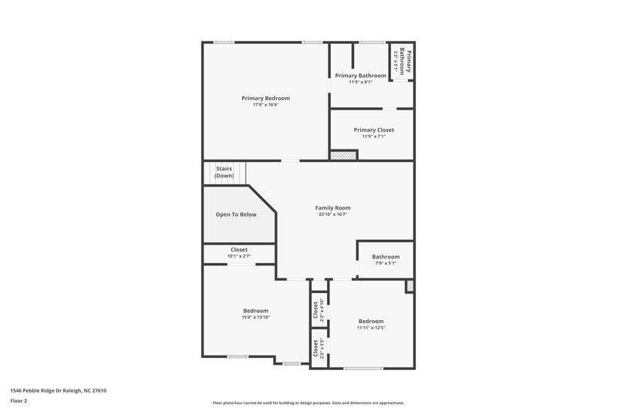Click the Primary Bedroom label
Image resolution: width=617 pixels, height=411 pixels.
pyautogui.click(x=265, y=98)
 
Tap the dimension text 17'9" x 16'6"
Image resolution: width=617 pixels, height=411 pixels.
pyautogui.click(x=265, y=105)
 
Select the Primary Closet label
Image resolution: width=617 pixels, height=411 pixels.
pyautogui.click(x=374, y=130)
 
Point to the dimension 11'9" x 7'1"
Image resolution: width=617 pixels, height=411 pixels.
pyautogui.click(x=374, y=136)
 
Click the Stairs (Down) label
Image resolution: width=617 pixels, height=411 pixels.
pyautogui.click(x=224, y=172)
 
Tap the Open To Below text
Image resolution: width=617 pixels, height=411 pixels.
pyautogui.click(x=236, y=214)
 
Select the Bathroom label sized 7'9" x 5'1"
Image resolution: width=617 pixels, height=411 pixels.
pyautogui.click(x=386, y=256)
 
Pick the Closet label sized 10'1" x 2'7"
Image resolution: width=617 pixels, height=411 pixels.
pyautogui.click(x=239, y=250)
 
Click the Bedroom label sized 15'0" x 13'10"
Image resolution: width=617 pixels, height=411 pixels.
pyautogui.click(x=256, y=310)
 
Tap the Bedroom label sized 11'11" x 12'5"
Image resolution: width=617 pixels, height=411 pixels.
pyautogui.click(x=370, y=321)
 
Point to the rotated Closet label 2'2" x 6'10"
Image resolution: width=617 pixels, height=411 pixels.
pyautogui.click(x=316, y=309)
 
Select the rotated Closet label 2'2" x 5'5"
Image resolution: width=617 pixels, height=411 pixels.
pyautogui.click(x=316, y=348)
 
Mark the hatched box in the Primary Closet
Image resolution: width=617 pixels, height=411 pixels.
pyautogui.click(x=343, y=155)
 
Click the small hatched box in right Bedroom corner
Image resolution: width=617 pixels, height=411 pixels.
pyautogui.click(x=410, y=286)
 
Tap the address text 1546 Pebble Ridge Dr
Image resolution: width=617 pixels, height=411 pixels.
pyautogui.click(x=59, y=390)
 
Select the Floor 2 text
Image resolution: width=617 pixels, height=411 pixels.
pyautogui.click(x=19, y=401)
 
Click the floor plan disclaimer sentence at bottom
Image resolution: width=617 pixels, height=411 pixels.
pyautogui.click(x=308, y=403)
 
